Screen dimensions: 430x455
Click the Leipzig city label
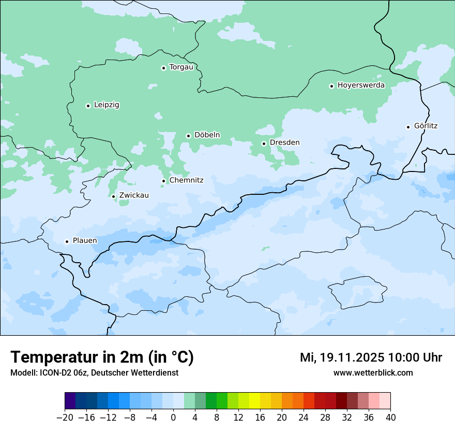(107, 105)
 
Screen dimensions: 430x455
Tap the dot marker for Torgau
(163, 68)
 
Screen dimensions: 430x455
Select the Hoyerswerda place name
(361, 85)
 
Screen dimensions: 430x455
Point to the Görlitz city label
(426, 126)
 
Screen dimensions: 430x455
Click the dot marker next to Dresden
(264, 144)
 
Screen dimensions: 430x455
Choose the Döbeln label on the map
(207, 135)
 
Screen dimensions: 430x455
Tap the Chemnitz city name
(186, 180)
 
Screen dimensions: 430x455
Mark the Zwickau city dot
(113, 196)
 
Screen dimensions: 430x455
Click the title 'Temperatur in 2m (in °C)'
(102, 357)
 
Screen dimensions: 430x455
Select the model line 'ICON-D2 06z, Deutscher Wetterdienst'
(94, 373)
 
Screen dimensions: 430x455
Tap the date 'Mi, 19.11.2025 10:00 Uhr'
(371, 357)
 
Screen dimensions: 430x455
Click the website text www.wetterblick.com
(373, 373)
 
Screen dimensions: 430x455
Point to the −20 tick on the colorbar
(65, 418)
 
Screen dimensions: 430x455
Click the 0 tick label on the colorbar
(173, 418)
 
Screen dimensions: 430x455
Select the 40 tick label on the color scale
(390, 418)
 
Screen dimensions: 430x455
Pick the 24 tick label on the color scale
(304, 418)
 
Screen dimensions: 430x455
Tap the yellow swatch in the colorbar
(254, 401)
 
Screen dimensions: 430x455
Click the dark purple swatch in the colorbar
(70, 401)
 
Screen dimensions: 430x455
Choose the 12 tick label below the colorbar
(238, 418)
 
